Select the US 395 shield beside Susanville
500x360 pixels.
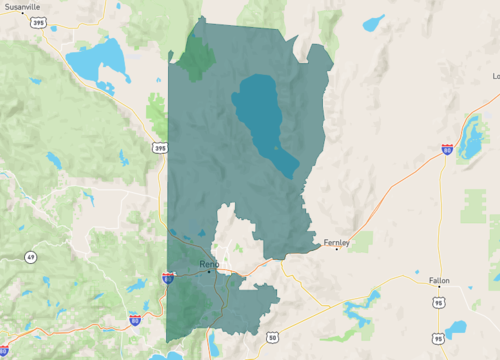[38, 21]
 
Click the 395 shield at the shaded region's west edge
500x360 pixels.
[161, 148]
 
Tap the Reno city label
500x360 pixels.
[208, 263]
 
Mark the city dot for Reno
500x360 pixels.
[209, 271]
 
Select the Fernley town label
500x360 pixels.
[336, 242]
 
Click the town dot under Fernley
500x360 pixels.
[337, 249]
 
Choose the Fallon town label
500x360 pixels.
[439, 281]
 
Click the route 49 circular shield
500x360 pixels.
[31, 257]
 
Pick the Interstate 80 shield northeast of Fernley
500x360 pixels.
[446, 149]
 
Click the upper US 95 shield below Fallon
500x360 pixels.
[439, 300]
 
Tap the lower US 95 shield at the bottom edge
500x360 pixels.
[438, 340]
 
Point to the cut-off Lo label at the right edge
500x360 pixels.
[495, 76]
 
